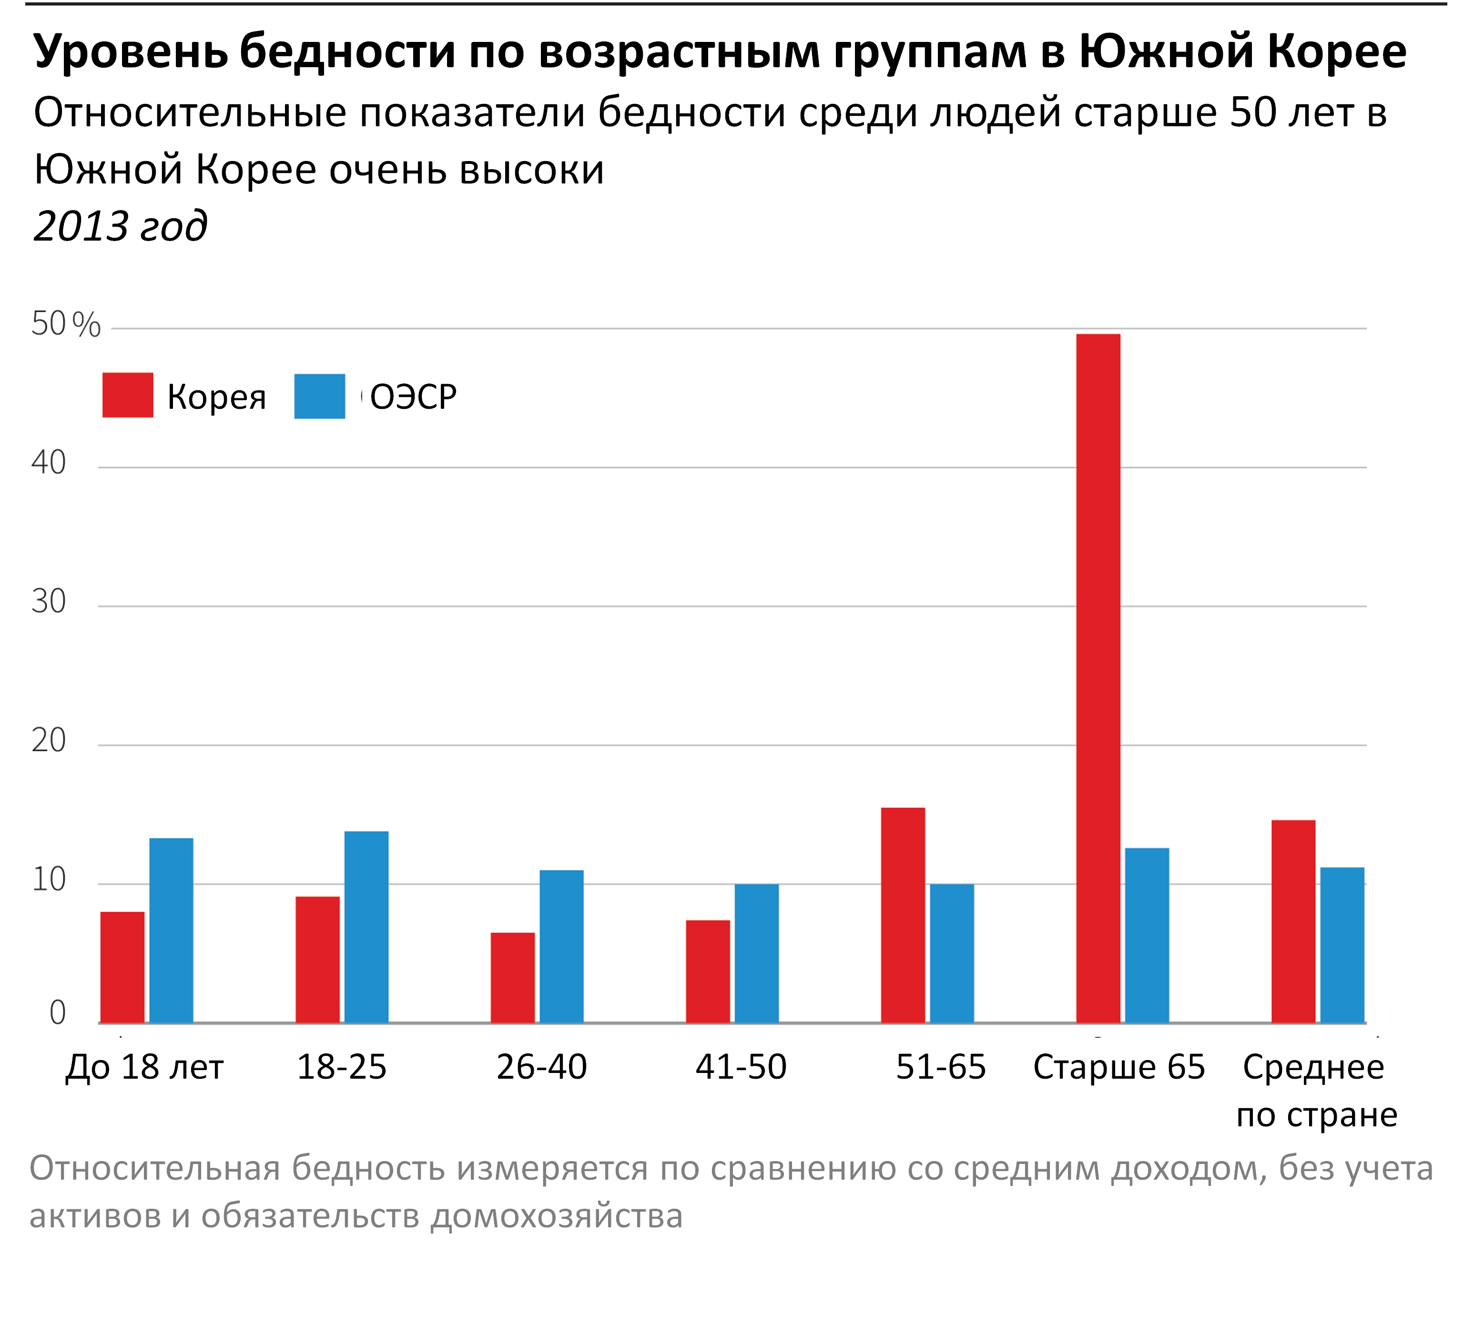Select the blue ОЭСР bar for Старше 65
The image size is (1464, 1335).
click(1147, 935)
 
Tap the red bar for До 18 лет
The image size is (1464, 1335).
click(122, 967)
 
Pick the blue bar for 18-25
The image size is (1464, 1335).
click(366, 927)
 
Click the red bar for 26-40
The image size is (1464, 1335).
click(513, 977)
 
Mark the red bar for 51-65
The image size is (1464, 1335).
click(903, 915)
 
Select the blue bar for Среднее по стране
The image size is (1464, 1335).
click(1342, 945)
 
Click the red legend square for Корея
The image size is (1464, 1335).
click(128, 395)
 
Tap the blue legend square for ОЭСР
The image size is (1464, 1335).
click(319, 396)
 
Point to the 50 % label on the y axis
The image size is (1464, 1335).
click(65, 324)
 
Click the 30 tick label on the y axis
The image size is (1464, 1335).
click(49, 601)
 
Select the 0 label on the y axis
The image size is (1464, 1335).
click(57, 1012)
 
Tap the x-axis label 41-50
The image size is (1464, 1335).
click(741, 1066)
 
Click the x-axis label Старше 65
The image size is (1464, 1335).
click(1118, 1066)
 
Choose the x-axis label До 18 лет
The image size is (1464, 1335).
click(144, 1066)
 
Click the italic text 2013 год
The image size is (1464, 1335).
click(121, 226)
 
